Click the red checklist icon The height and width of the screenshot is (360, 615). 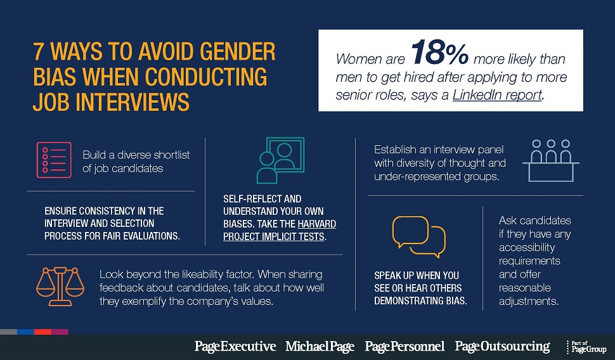[x=53, y=160]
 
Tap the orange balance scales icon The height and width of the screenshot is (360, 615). [x=59, y=286]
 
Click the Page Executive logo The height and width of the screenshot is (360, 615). [x=235, y=346]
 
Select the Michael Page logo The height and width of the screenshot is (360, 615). [x=321, y=346]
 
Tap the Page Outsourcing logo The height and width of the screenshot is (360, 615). [x=502, y=346]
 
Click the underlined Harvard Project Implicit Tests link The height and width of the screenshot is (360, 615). [x=279, y=231]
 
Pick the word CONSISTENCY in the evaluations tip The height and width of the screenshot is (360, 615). [x=105, y=210]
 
